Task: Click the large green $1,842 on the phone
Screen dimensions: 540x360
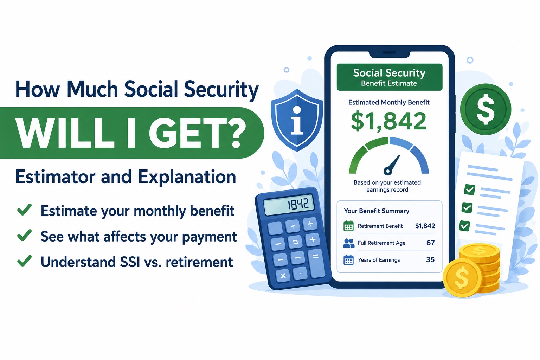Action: (x=388, y=121)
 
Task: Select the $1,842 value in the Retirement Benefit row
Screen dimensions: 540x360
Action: (x=425, y=226)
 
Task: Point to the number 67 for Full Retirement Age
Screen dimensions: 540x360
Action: (x=431, y=243)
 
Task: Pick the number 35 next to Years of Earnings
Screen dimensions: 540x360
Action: (x=430, y=260)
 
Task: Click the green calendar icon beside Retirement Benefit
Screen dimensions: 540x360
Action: (x=348, y=226)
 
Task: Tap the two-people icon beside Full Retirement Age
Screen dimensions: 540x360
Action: (x=349, y=243)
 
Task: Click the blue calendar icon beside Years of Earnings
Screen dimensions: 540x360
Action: (x=348, y=260)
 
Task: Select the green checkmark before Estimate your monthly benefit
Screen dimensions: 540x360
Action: (x=24, y=210)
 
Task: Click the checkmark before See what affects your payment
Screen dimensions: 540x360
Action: (x=24, y=235)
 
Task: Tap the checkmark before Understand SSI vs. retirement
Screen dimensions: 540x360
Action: (x=24, y=261)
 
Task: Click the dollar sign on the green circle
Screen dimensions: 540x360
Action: (x=485, y=109)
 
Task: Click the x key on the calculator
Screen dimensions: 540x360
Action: (x=283, y=276)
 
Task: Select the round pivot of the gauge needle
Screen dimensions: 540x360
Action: (x=388, y=171)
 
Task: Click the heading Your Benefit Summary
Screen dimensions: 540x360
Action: (x=377, y=211)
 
